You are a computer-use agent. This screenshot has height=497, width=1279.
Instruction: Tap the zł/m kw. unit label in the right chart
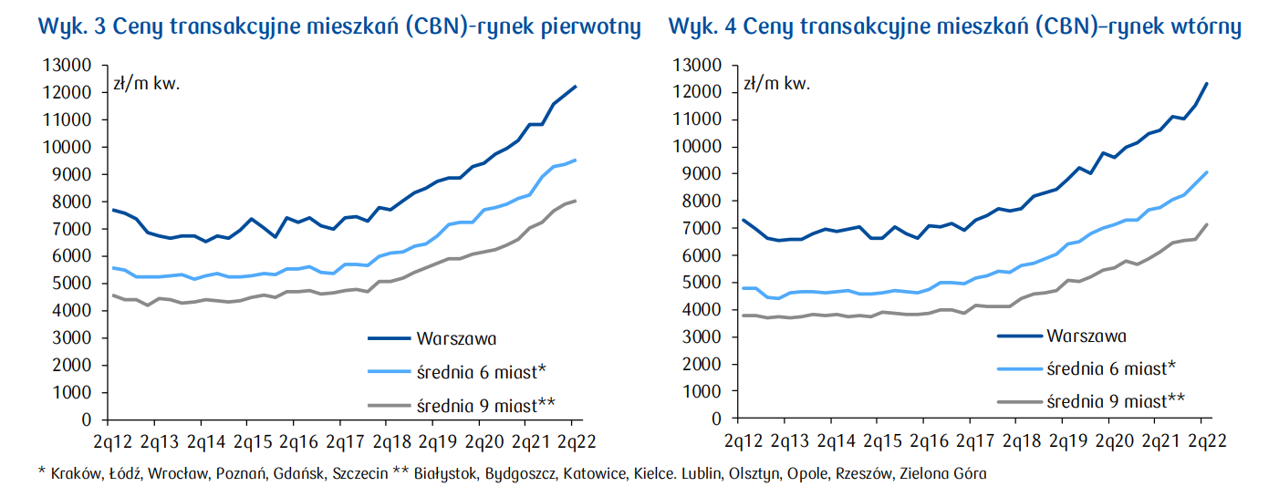click(776, 84)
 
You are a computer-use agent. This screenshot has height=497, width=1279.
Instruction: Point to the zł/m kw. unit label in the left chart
click(147, 84)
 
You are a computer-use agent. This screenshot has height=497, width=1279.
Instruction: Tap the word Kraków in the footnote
click(75, 474)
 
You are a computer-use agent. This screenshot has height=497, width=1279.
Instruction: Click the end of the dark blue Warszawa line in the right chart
click(1207, 84)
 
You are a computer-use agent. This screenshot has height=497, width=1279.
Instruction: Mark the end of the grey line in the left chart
click(576, 201)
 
